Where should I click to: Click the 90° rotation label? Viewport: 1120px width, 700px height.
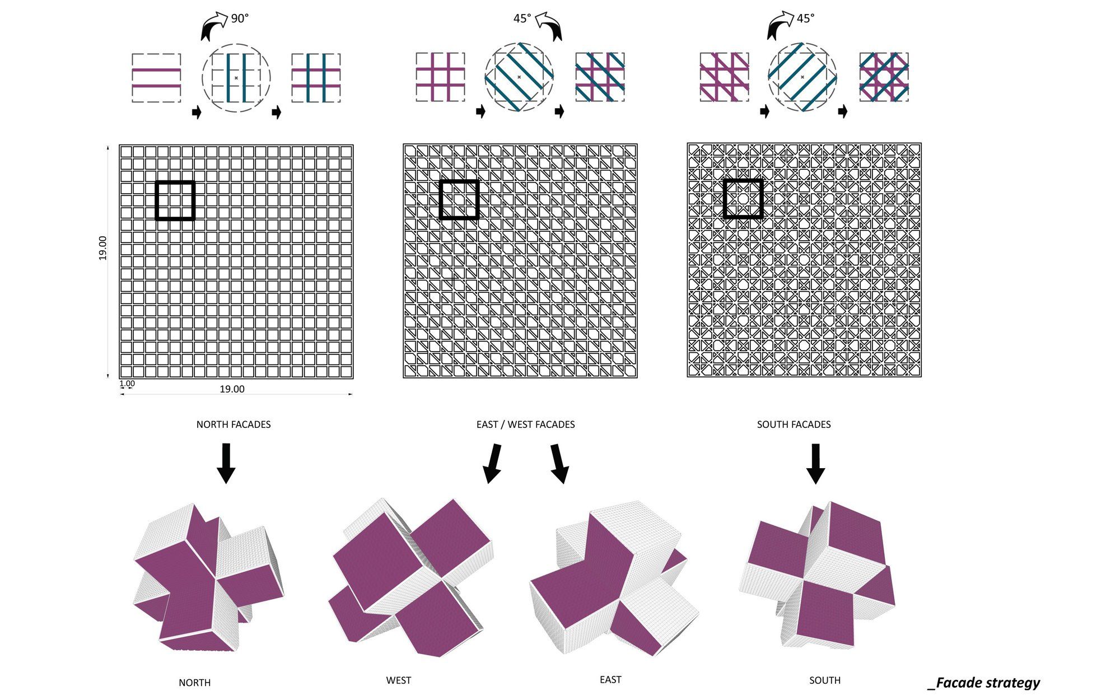click(240, 18)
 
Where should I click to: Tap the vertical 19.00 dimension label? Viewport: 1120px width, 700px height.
click(102, 248)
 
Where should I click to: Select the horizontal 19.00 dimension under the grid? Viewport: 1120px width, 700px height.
click(232, 389)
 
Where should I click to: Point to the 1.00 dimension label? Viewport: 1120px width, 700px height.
click(127, 384)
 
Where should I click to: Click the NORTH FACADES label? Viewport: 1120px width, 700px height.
click(234, 424)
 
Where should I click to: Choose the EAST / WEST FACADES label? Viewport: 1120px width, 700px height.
click(525, 424)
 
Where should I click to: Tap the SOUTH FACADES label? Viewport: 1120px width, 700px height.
click(794, 424)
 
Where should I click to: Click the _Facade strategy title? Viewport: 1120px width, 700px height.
click(984, 683)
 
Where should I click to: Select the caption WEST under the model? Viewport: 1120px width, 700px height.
click(399, 680)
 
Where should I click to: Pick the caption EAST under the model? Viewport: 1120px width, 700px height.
click(610, 679)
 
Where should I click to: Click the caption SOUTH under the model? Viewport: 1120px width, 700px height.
click(825, 680)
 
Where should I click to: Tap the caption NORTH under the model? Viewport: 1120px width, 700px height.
click(195, 683)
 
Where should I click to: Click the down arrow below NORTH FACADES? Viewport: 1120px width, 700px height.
click(226, 463)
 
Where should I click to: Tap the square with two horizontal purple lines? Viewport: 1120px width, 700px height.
click(156, 78)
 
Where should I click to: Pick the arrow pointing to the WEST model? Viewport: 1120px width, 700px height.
click(493, 464)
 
